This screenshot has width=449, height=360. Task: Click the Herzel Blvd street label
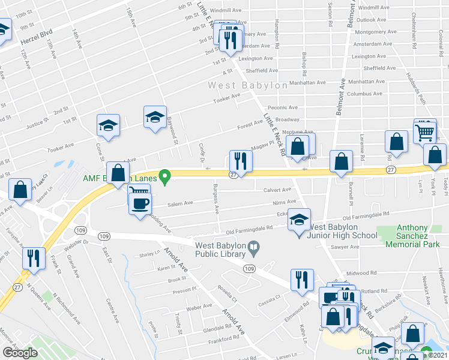pos(37,37)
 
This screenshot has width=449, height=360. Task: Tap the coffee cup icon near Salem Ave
pos(140,203)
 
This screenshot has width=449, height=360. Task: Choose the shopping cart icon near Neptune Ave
pos(425,131)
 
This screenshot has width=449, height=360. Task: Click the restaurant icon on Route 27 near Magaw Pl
pos(241,161)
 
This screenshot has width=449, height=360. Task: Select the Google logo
pos(20,353)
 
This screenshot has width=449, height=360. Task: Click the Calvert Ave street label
pos(276,190)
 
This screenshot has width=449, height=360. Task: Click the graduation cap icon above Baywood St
pos(155,117)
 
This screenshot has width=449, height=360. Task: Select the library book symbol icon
pos(255,246)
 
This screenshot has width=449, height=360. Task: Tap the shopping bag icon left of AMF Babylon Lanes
pos(118,173)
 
